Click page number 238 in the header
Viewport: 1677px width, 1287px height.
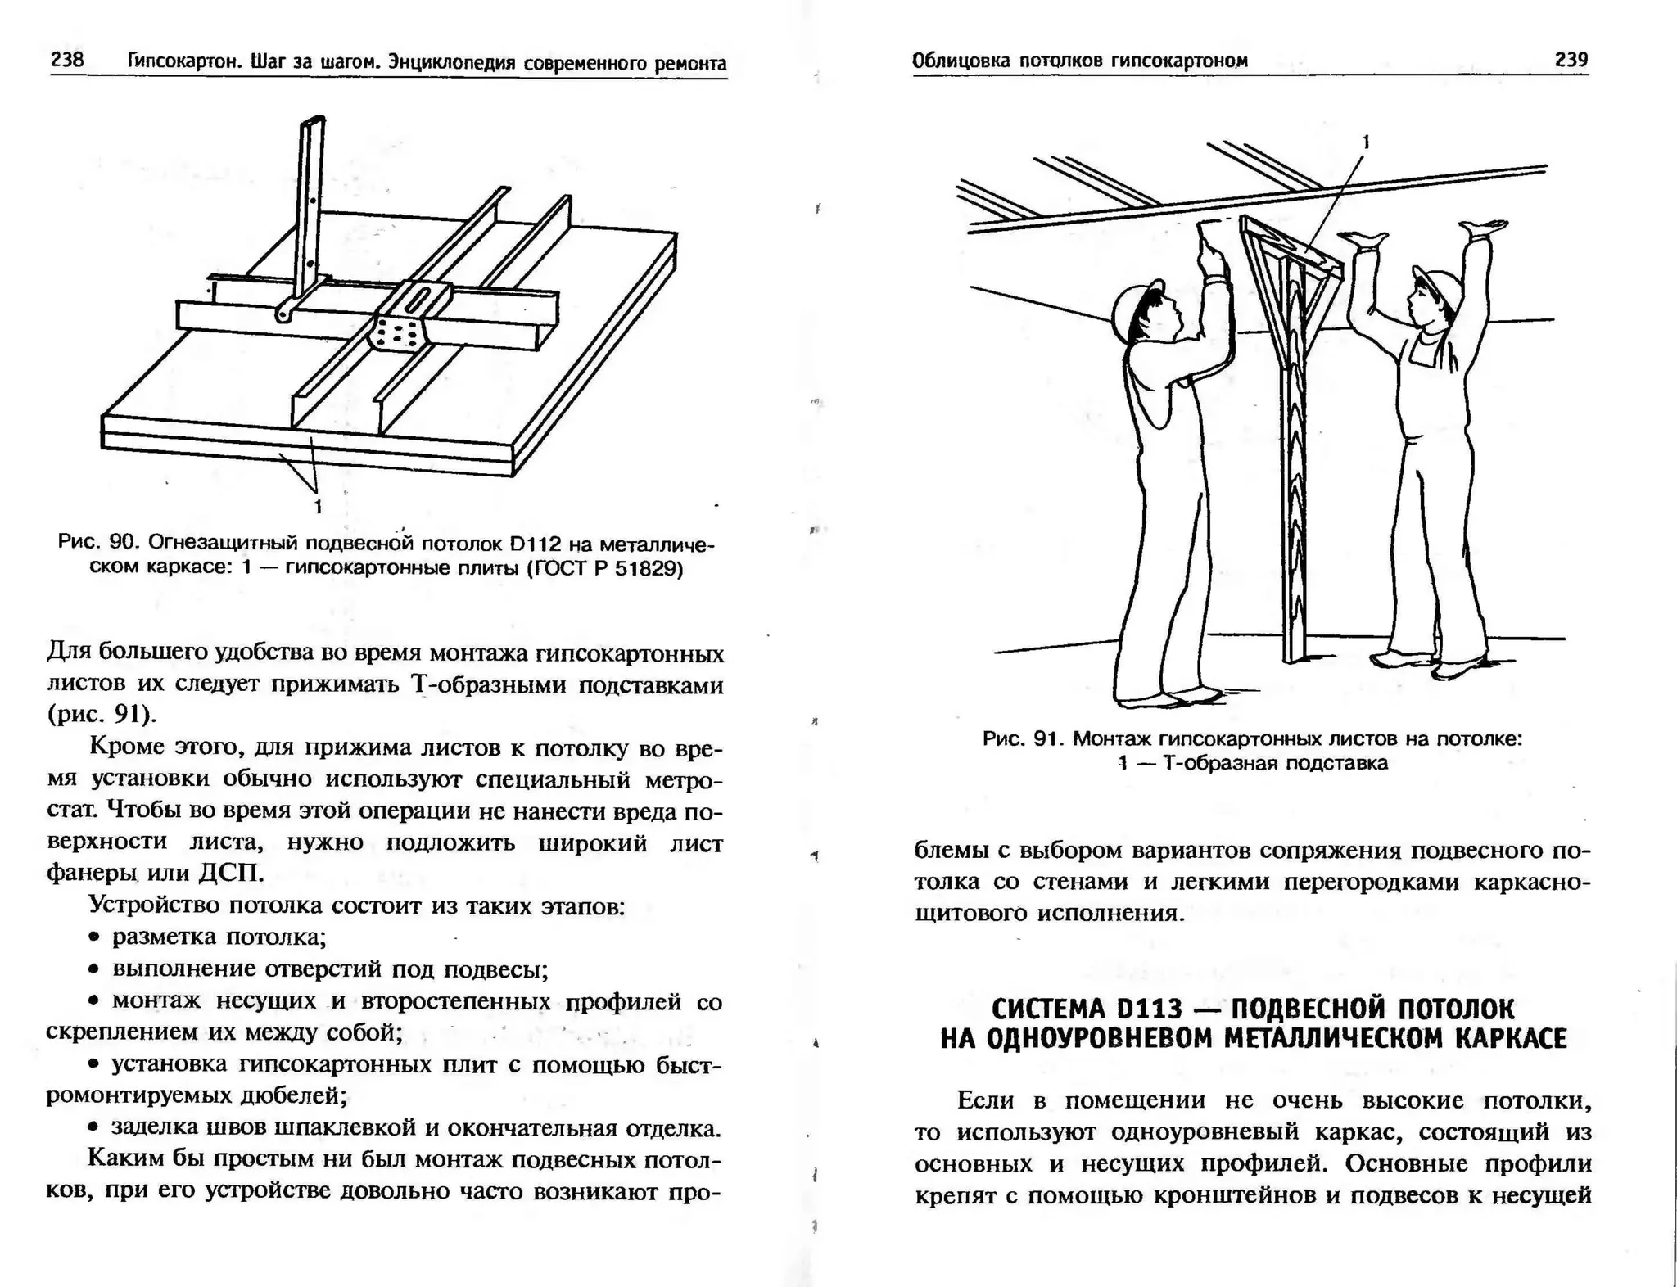tap(67, 60)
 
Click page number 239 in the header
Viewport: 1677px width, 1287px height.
tap(1571, 59)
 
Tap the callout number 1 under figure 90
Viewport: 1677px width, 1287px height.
tap(318, 507)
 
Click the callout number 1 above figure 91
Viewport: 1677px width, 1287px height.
tap(1365, 142)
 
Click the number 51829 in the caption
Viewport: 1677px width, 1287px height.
tap(648, 568)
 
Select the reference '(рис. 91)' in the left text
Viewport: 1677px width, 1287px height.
tap(101, 714)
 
